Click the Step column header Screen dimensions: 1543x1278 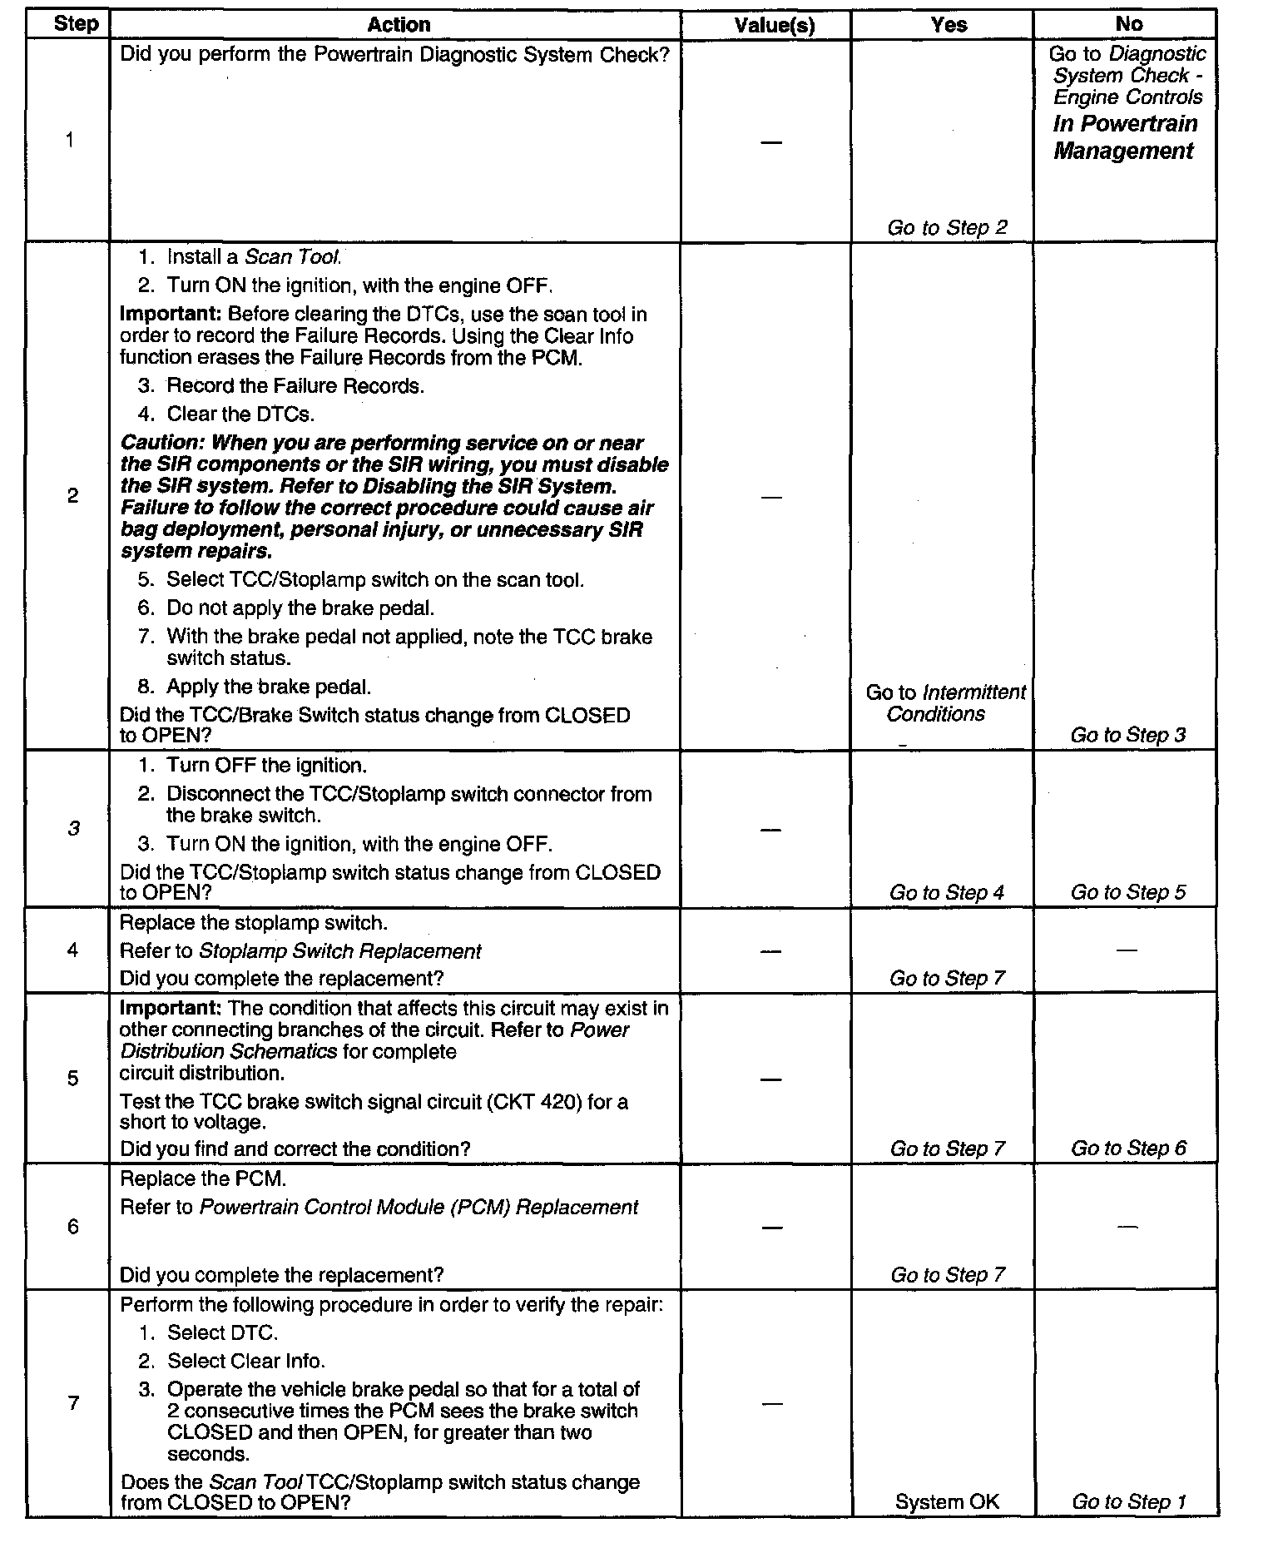[x=75, y=24]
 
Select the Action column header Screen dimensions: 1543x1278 [x=399, y=25]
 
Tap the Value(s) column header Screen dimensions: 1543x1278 [x=774, y=25]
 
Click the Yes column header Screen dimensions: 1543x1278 [x=949, y=25]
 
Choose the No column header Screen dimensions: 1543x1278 [x=1128, y=24]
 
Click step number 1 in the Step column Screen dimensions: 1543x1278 [x=70, y=140]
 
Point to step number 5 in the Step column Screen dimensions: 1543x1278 [x=72, y=1079]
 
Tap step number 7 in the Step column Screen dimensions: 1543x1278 [x=73, y=1403]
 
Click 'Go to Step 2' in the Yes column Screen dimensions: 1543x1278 [x=947, y=227]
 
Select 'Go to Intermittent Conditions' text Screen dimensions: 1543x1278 [x=945, y=702]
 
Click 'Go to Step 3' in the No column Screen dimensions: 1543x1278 [x=1127, y=734]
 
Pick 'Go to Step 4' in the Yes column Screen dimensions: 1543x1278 [x=947, y=892]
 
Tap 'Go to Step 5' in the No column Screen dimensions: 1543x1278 [x=1127, y=892]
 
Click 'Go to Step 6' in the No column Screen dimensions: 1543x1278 [x=1127, y=1149]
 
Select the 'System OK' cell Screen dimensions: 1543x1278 [x=947, y=1501]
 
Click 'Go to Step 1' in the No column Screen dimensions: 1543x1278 [x=1127, y=1501]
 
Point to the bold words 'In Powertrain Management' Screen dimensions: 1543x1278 [x=1125, y=137]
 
